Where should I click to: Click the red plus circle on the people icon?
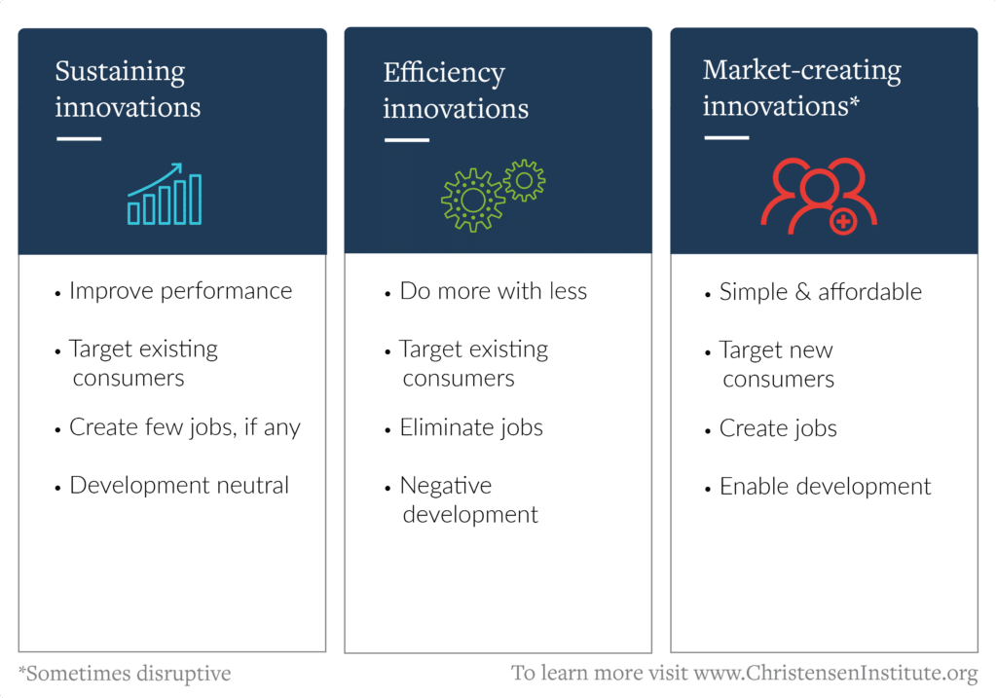tap(843, 222)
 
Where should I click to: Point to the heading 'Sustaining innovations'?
tap(128, 89)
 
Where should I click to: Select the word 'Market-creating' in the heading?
tap(802, 70)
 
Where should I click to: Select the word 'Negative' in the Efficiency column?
tap(446, 486)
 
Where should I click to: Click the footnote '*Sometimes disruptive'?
tap(125, 674)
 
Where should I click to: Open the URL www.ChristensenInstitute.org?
tap(835, 673)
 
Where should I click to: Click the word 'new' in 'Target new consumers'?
tap(812, 350)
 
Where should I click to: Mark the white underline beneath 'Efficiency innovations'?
tap(407, 140)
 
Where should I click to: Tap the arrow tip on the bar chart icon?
tap(181, 164)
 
